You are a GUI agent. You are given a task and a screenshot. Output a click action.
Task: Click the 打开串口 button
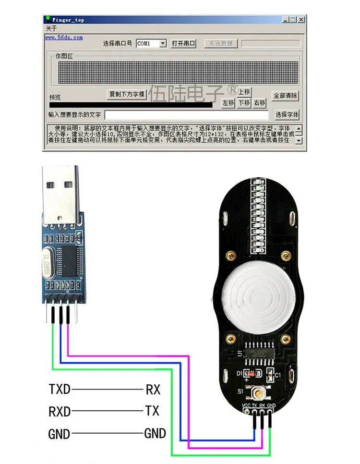pos(183,43)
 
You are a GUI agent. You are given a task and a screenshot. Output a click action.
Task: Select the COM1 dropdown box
pos(151,43)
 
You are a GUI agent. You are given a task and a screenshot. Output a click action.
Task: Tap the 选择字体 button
pos(287,115)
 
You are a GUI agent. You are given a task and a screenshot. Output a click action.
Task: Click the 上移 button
pos(244,92)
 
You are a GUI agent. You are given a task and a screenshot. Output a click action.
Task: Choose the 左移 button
pos(228,103)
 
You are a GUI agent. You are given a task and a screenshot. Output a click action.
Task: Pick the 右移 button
pos(260,103)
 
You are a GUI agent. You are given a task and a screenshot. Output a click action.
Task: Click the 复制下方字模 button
pos(127,94)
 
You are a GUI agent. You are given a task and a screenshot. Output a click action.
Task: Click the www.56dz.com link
pos(64,37)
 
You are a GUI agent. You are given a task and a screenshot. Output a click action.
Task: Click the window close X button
pos(301,20)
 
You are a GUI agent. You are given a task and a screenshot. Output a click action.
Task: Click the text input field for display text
pos(186,115)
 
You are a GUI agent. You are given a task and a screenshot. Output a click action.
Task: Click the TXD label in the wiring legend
pos(60,388)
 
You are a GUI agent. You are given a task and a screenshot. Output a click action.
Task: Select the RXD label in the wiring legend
pos(60,411)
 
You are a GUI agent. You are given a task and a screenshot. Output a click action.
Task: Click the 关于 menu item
pos(51,28)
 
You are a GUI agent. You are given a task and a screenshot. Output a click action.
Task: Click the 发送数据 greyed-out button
pos(221,43)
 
